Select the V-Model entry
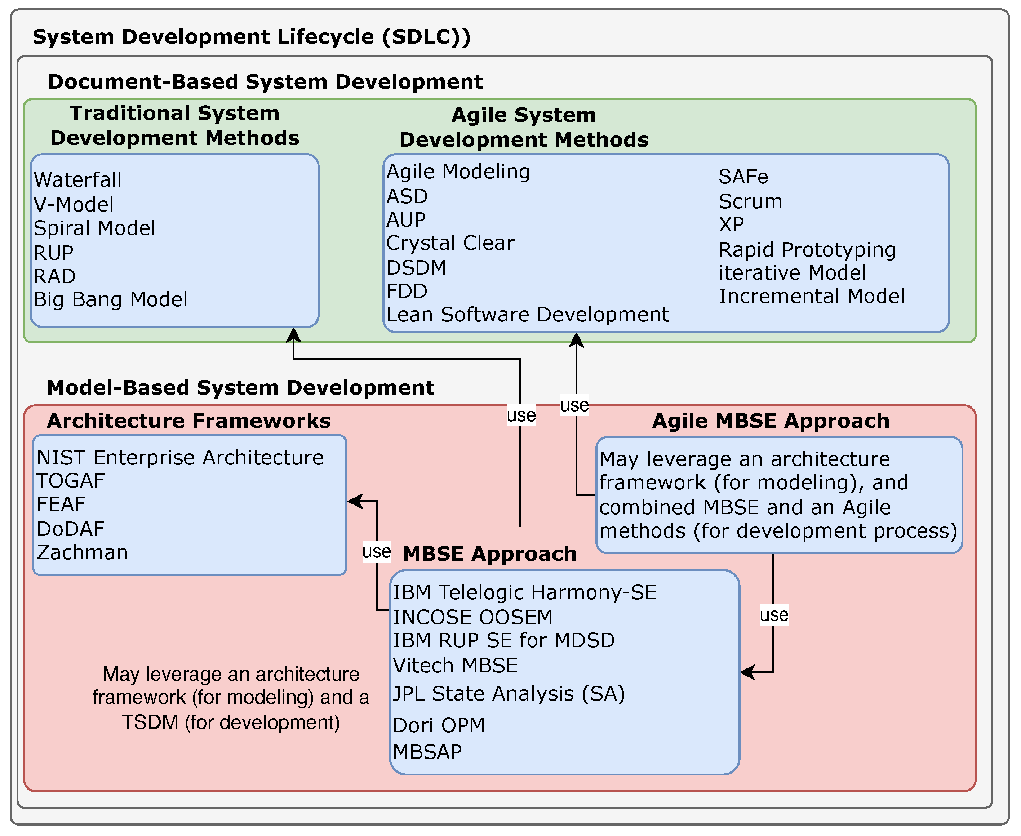click(x=73, y=205)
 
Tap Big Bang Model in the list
click(x=110, y=299)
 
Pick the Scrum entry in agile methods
click(x=750, y=201)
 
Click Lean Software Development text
click(x=527, y=315)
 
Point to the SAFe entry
click(x=743, y=177)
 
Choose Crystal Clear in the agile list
click(x=450, y=243)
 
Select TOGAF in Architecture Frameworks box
click(x=71, y=481)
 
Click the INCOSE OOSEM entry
click(x=472, y=617)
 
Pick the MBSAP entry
click(x=427, y=752)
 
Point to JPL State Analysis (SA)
click(x=509, y=694)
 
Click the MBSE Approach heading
click(x=489, y=554)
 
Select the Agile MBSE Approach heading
click(x=771, y=421)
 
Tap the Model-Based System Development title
click(x=240, y=388)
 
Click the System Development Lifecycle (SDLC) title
click(x=251, y=37)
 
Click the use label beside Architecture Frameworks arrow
click(x=376, y=551)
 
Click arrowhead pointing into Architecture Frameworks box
click(x=354, y=501)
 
